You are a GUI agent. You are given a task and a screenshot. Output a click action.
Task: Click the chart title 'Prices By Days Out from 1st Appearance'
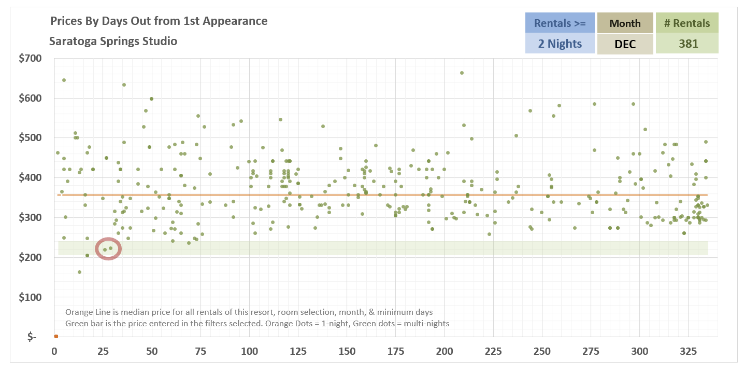point(159,21)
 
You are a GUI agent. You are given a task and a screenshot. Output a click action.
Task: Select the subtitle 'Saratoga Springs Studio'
point(113,41)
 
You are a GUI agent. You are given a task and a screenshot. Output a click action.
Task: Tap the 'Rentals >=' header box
point(560,23)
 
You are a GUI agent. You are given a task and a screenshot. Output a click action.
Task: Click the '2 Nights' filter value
point(560,44)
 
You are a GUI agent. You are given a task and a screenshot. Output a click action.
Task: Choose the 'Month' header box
point(625,23)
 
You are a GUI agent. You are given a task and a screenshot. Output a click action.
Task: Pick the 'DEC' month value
point(625,44)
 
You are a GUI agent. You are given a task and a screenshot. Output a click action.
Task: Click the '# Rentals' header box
point(687,23)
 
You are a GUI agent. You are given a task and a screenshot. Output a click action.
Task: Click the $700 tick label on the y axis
point(30,58)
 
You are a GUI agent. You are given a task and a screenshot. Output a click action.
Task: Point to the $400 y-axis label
point(30,178)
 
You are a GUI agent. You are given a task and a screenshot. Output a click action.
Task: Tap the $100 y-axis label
point(30,297)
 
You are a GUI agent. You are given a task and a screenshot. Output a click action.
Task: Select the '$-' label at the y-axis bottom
point(32,337)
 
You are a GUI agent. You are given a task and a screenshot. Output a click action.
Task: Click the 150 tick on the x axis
point(347,351)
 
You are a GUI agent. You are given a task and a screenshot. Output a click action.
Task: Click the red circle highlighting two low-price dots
point(108,249)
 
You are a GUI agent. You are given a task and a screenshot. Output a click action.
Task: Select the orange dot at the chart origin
point(55,336)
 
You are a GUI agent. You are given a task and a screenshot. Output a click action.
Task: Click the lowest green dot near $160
point(79,272)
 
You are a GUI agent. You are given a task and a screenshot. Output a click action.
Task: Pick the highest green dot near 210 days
point(462,73)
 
